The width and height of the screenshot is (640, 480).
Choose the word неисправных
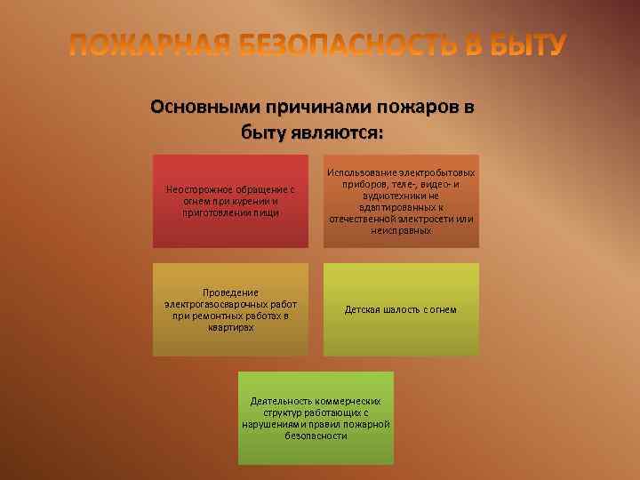coord(401,230)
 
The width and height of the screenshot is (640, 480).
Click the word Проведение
coord(230,292)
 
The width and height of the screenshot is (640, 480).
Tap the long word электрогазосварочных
coord(217,304)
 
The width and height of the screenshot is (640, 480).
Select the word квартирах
coord(230,327)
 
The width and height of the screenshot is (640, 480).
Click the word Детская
coord(363,310)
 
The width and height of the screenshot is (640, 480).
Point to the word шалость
coord(403,310)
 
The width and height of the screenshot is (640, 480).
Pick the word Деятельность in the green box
coord(284,401)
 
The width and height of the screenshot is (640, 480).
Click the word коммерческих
coord(353,401)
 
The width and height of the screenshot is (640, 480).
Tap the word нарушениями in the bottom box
coord(272,424)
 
